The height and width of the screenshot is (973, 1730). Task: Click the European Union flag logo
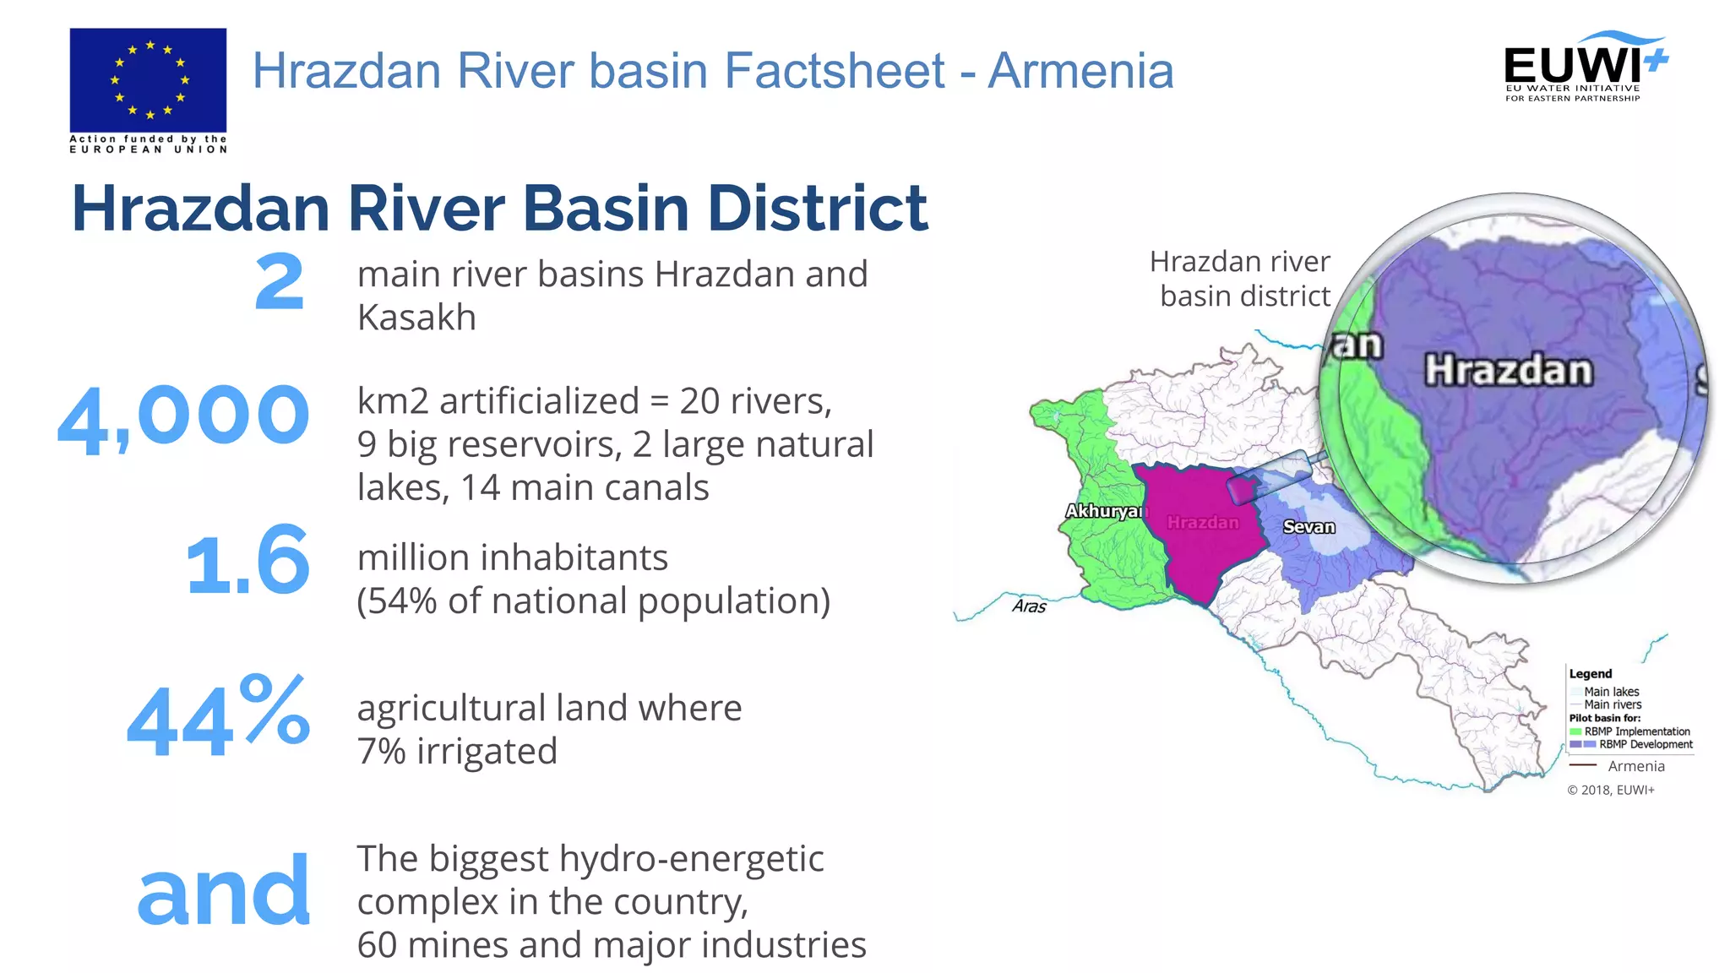[148, 80]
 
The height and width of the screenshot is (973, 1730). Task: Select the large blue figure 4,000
[184, 416]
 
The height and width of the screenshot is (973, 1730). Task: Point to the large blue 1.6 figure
[248, 559]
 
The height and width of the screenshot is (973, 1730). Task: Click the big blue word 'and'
[224, 890]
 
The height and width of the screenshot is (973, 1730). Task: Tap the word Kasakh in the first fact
[416, 318]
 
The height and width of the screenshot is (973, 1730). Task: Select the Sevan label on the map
[1308, 527]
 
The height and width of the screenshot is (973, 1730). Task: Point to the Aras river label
[1029, 606]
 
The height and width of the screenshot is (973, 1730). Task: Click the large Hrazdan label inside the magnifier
[1509, 371]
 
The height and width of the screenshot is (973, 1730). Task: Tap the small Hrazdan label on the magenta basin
[1203, 523]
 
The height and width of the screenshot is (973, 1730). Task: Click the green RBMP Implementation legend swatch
[1575, 731]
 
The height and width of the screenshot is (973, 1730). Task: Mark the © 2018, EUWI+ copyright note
[1611, 790]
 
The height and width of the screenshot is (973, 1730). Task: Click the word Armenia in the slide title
[1081, 70]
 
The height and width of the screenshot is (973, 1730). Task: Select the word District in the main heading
[817, 208]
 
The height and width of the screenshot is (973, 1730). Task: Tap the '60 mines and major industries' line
[612, 945]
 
